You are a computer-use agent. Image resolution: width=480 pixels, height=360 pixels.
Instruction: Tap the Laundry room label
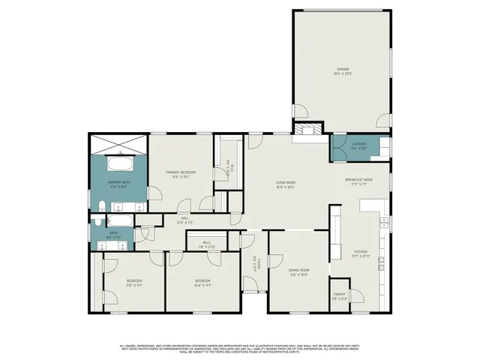pyautogui.click(x=358, y=145)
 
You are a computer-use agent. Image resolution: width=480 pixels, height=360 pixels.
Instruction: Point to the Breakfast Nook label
pyautogui.click(x=358, y=181)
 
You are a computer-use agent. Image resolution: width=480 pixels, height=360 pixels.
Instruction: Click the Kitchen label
pyautogui.click(x=360, y=254)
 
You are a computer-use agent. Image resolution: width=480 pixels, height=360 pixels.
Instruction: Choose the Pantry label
pyautogui.click(x=339, y=295)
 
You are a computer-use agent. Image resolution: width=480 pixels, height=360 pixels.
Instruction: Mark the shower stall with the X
pyautogui.click(x=119, y=142)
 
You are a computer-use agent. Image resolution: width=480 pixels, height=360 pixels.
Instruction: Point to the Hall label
pyautogui.click(x=184, y=220)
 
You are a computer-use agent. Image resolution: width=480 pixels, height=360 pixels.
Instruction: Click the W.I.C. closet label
pyautogui.click(x=208, y=244)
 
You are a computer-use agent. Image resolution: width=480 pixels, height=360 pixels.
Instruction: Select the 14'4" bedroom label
pyautogui.click(x=203, y=284)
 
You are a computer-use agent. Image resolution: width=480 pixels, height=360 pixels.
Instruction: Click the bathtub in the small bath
pyautogui.click(x=120, y=220)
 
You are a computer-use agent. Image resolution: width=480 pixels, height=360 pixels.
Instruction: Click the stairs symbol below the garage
pyautogui.click(x=305, y=130)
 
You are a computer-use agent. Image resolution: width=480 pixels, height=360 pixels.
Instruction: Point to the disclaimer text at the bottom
pyautogui.click(x=240, y=347)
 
